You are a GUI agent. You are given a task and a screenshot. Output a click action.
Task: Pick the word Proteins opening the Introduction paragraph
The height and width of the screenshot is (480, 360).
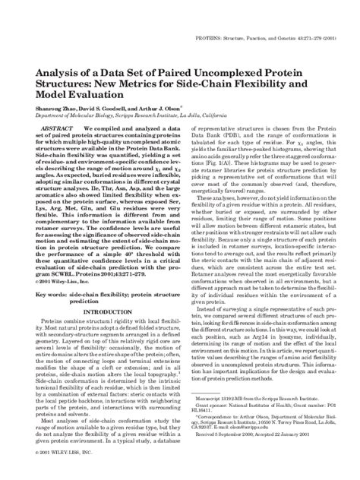click(48, 301)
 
